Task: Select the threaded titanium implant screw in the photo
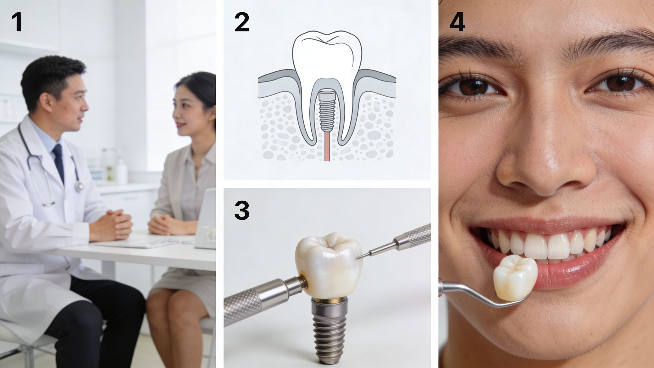[330, 330]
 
